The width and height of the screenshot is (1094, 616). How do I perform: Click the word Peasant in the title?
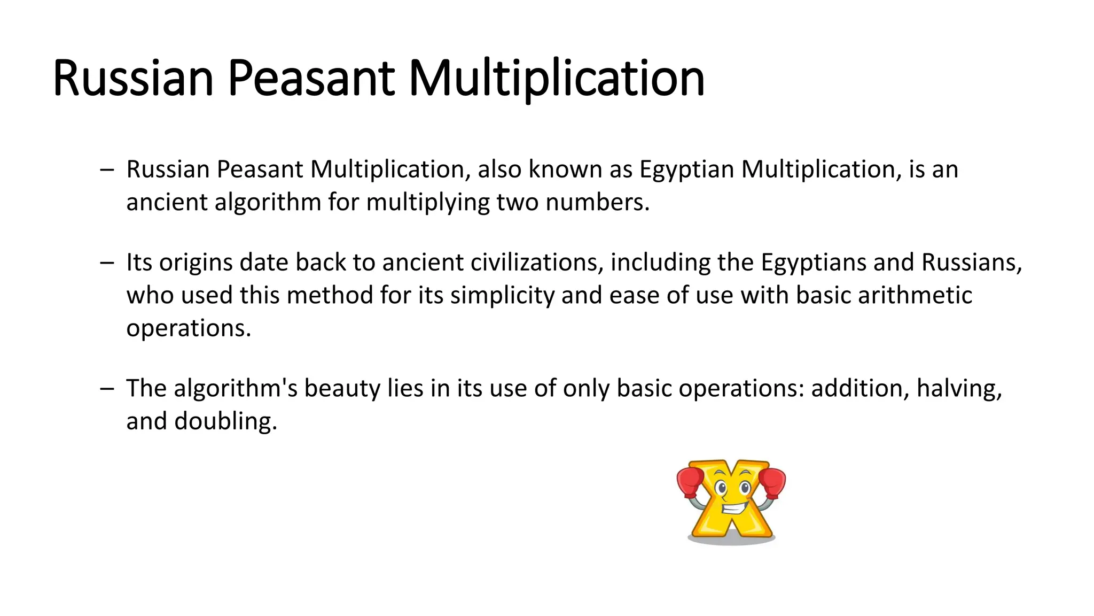click(311, 79)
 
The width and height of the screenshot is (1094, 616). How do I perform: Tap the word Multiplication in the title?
click(557, 79)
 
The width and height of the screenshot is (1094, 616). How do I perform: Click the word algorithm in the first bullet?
click(268, 203)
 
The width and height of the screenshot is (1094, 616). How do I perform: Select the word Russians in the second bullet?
click(971, 263)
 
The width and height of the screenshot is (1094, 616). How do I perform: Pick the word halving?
click(959, 389)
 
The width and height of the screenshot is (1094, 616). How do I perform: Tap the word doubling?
click(225, 421)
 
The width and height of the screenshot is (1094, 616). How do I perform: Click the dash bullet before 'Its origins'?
click(107, 263)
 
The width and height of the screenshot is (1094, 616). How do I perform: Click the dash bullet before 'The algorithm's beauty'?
click(107, 389)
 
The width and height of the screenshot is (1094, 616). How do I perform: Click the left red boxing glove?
click(690, 481)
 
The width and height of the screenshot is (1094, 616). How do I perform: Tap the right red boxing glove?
click(772, 481)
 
